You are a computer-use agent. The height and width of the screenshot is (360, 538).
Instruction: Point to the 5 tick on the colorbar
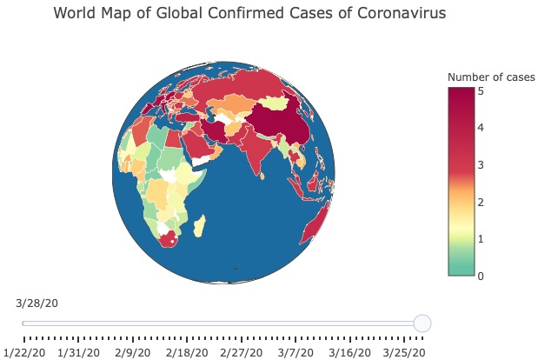[x=481, y=90]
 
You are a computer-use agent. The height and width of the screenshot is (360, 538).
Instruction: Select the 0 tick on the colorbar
[x=481, y=277]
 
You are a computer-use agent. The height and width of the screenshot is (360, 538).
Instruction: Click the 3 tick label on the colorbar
[x=481, y=165]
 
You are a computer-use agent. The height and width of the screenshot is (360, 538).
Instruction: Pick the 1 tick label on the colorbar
[x=481, y=239]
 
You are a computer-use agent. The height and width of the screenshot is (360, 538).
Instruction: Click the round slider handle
[x=422, y=323]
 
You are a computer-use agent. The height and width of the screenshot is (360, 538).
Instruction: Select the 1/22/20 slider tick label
[x=23, y=353]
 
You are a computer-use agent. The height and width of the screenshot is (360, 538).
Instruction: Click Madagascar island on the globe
[x=199, y=228]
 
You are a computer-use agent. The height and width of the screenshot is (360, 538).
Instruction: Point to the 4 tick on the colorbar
[x=481, y=128]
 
